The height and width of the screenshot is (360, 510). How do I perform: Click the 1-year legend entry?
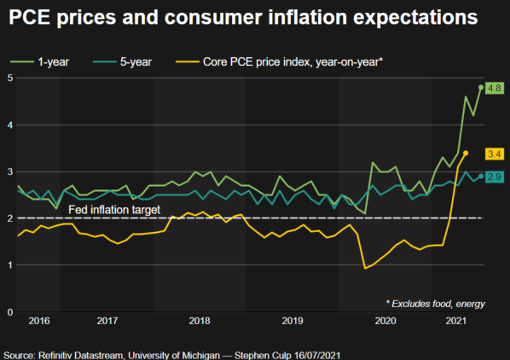[x=40, y=61]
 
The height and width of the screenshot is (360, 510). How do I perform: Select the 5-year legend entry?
[x=122, y=61]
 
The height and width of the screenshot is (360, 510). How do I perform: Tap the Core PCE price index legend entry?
[x=279, y=61]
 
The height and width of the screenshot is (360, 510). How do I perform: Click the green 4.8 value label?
[x=495, y=88]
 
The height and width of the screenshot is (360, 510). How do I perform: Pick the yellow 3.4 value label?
[x=495, y=154]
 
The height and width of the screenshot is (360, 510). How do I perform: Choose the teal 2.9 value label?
[x=495, y=177]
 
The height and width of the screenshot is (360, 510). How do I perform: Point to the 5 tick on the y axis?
[x=10, y=78]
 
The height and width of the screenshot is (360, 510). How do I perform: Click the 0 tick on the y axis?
[x=10, y=312]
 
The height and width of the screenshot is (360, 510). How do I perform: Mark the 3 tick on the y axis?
[x=10, y=171]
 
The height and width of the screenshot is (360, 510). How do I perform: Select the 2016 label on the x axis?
[x=39, y=321]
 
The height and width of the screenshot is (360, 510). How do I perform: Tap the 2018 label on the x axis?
[x=200, y=321]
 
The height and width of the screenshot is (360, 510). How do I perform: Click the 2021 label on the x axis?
[x=456, y=321]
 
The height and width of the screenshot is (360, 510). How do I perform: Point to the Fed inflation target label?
[x=114, y=210]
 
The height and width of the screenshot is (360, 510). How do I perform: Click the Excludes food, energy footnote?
[x=436, y=304]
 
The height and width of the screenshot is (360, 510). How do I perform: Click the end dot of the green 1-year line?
[x=481, y=88]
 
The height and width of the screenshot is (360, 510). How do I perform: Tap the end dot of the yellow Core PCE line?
[x=466, y=153]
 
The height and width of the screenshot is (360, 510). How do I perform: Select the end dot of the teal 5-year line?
[x=481, y=177]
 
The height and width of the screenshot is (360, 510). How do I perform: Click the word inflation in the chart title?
[x=308, y=17]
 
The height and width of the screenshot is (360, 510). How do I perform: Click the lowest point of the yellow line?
[x=365, y=268]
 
